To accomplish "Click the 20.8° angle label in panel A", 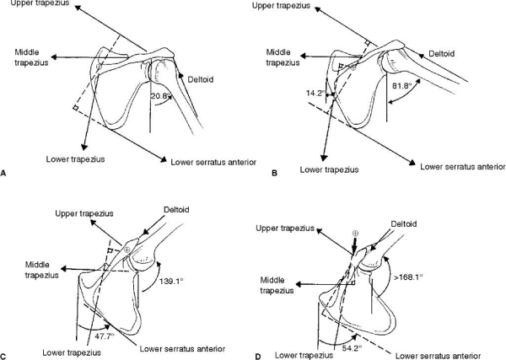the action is pyautogui.click(x=161, y=95).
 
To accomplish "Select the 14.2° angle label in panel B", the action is pyautogui.click(x=315, y=94).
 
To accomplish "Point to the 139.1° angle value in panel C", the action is pyautogui.click(x=171, y=281).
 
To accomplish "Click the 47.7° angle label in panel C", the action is pyautogui.click(x=105, y=336).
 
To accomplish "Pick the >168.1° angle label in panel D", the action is pyautogui.click(x=407, y=277).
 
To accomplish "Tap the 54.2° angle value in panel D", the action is pyautogui.click(x=352, y=347).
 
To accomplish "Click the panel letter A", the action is pyautogui.click(x=3, y=173).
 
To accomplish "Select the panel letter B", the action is pyautogui.click(x=275, y=173).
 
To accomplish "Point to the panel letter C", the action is pyautogui.click(x=3, y=356).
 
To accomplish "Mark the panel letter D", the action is pyautogui.click(x=258, y=357).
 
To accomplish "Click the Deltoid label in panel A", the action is pyautogui.click(x=201, y=79).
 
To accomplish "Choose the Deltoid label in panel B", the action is pyautogui.click(x=441, y=54).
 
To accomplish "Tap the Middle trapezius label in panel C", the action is pyautogui.click(x=42, y=270).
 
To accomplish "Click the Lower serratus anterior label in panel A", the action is pyautogui.click(x=213, y=162).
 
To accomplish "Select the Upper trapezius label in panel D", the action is pyautogui.click(x=285, y=228).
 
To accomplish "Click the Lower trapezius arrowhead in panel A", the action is pyautogui.click(x=84, y=147).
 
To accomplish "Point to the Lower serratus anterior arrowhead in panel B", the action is pyautogui.click(x=412, y=163).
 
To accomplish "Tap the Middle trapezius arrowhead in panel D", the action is pyautogui.click(x=299, y=284).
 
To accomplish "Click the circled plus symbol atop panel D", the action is pyautogui.click(x=355, y=233).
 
